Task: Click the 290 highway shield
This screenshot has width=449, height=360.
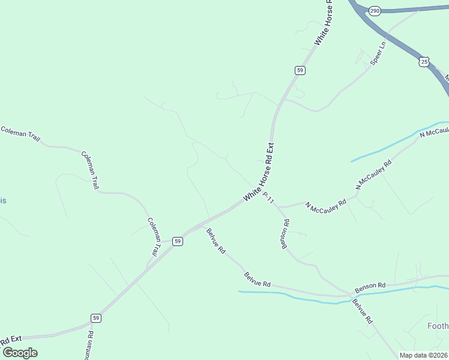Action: (375, 11)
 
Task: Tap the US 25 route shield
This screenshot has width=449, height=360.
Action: (424, 61)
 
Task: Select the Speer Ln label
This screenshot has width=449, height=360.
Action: (377, 53)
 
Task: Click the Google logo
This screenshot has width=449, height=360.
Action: (20, 352)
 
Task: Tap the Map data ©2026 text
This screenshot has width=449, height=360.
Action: (423, 355)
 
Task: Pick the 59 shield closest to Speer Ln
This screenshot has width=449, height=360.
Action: (300, 70)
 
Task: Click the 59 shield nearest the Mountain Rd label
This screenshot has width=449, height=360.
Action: (96, 317)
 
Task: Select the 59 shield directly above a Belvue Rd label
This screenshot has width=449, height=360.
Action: (177, 241)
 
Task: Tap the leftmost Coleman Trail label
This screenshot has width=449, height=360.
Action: (20, 133)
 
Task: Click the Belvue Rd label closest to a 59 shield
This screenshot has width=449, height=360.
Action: (215, 241)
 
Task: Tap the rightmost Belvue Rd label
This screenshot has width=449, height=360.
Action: (362, 311)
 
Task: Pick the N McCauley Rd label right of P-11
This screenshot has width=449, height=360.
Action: (326, 205)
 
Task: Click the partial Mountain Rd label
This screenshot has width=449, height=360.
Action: (90, 346)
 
